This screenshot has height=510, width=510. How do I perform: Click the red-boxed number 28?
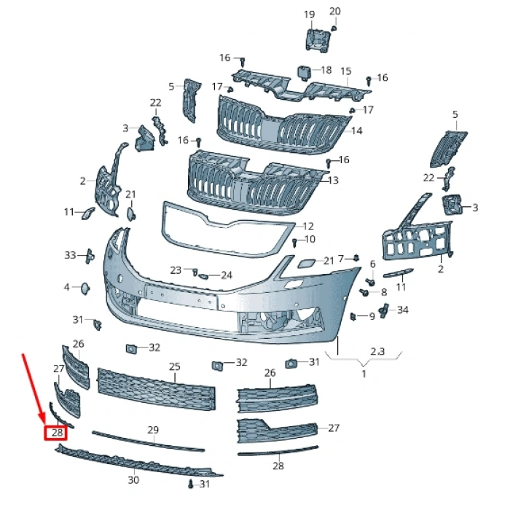[x=58, y=433]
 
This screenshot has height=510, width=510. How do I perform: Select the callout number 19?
[x=310, y=15]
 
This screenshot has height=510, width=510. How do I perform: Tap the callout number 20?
[x=334, y=12]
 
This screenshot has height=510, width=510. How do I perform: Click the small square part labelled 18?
[x=304, y=72]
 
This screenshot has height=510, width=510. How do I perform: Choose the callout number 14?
[x=357, y=130]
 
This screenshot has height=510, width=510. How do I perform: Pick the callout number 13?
[x=334, y=180]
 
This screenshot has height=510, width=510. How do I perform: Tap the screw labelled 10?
[x=294, y=243]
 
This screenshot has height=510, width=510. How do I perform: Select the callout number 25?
[x=175, y=366]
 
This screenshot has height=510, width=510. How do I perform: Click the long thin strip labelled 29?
[x=149, y=441]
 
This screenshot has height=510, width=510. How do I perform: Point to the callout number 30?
[x=133, y=479]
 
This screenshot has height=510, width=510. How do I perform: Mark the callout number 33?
[x=70, y=255]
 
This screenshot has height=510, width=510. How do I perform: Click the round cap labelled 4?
[x=85, y=289]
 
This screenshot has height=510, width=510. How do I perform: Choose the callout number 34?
[x=403, y=310]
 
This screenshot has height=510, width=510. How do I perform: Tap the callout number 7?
[x=341, y=259]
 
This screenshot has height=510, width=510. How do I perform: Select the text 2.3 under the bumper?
[x=377, y=351]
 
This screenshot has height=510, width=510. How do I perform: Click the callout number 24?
[x=227, y=275]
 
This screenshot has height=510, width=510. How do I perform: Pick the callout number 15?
[x=346, y=71]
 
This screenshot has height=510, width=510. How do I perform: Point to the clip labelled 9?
[x=353, y=315]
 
